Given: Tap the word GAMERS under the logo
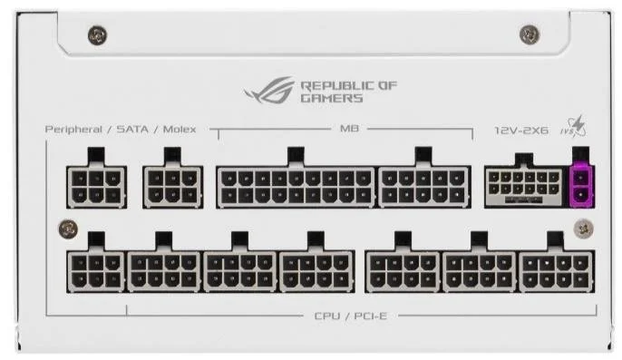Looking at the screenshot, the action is pos(332,98).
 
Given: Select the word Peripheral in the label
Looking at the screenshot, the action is pos(73,130).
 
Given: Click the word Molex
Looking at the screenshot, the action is pos(180,130).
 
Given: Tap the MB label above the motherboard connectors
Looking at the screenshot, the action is pos(349,129).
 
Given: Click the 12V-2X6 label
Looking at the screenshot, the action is pos(521,131).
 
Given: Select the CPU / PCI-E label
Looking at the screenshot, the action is pos(350,316).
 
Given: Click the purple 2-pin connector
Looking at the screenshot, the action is pos(581,186).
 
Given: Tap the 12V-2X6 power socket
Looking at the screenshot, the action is pos(524,186).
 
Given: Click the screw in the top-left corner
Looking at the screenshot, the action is pos(97,35).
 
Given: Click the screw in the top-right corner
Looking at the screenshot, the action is pos(530,34).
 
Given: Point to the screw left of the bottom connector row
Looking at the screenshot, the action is pos(68,229).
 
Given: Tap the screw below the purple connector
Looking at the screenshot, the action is pos(584,229).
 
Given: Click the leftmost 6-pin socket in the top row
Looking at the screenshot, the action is pos(96,187).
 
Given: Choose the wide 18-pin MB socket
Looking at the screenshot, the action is pos(296,187).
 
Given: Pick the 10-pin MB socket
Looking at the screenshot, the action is pos(423,187).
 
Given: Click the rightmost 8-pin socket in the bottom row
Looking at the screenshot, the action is pos(557,272).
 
